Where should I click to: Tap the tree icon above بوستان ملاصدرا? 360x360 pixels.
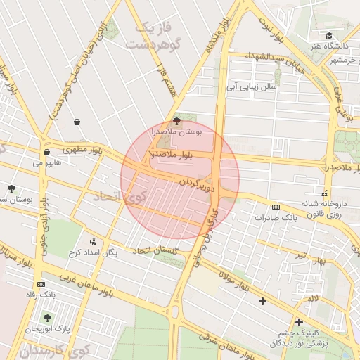tap(176, 121)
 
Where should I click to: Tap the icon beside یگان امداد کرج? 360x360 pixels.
tap(93, 242)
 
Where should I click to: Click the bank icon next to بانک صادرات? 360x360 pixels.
tap(276, 207)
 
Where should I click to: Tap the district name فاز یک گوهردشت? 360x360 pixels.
tap(153, 36)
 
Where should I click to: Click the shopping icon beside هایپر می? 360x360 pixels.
tap(46, 152)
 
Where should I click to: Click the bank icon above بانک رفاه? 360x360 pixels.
tap(40, 284)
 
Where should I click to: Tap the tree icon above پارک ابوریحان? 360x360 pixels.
tap(48, 318)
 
